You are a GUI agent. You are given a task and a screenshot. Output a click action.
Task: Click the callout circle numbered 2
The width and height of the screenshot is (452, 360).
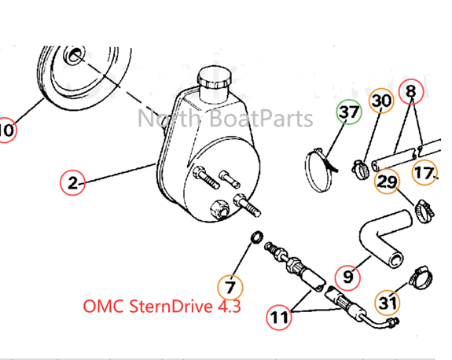[72, 184]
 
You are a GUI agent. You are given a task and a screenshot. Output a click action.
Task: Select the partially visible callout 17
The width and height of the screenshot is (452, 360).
[426, 172]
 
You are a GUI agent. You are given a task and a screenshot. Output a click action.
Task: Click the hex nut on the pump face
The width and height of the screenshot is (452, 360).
[219, 208]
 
